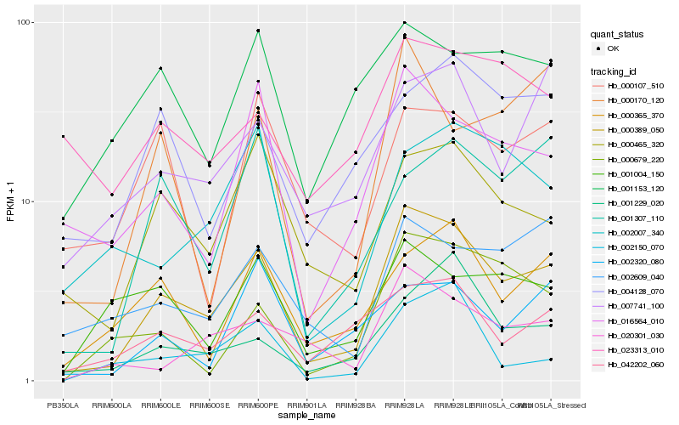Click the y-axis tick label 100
25,22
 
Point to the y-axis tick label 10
28,201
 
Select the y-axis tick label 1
30,381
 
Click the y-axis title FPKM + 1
11,201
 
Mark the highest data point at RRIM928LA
404,22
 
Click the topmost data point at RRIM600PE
258,31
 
